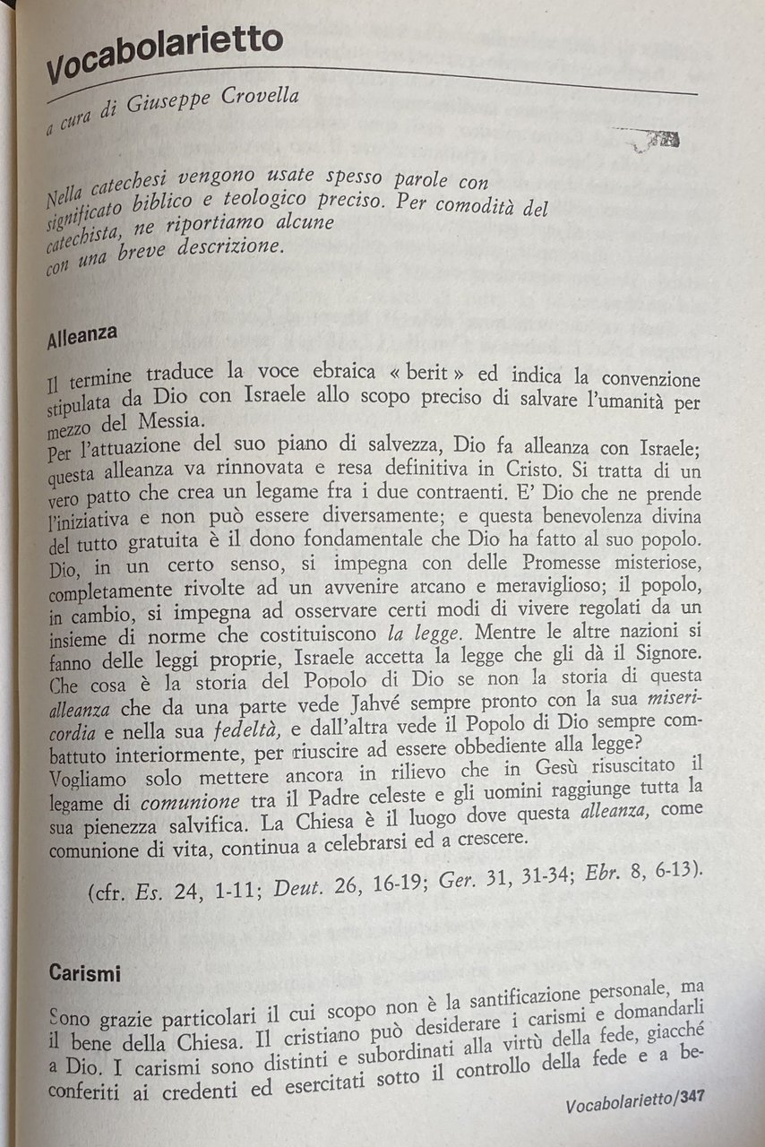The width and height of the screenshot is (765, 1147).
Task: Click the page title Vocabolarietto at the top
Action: [x=165, y=53]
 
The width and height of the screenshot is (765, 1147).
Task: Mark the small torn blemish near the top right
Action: [x=652, y=138]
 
